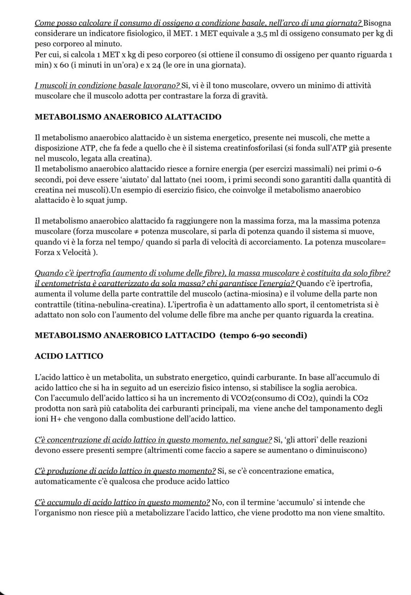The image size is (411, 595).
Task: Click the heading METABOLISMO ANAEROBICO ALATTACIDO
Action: coord(128,117)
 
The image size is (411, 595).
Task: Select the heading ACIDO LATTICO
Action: coord(69,356)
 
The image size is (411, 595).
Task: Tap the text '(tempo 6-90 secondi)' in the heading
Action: coord(263,335)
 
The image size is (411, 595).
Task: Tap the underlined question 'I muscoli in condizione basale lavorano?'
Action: coord(107,86)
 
